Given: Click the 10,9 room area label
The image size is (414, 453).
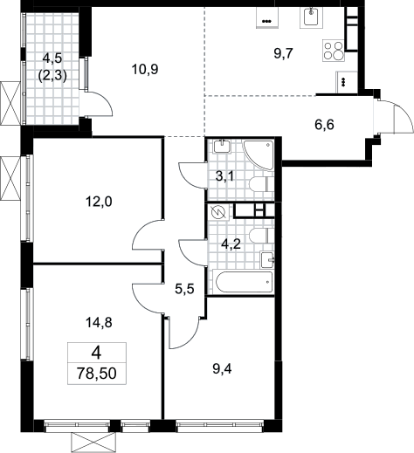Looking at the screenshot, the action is pyautogui.click(x=145, y=70).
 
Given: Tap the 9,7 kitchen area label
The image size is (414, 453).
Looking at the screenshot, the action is pyautogui.click(x=283, y=53).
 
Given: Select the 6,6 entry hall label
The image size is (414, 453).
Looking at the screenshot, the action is pyautogui.click(x=324, y=125).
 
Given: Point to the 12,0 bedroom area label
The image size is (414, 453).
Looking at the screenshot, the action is pyautogui.click(x=99, y=202).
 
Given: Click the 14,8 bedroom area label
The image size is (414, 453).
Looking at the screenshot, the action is pyautogui.click(x=99, y=322).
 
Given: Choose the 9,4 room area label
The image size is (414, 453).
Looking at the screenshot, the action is pyautogui.click(x=222, y=369).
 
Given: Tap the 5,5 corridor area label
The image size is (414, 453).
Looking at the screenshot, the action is pyautogui.click(x=184, y=290).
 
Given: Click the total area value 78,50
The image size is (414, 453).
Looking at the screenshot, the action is pyautogui.click(x=97, y=374).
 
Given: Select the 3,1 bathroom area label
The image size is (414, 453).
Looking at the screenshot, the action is pyautogui.click(x=224, y=176).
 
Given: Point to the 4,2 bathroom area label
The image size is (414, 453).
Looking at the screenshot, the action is pyautogui.click(x=231, y=244).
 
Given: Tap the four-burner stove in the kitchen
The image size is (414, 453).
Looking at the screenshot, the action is pyautogui.click(x=334, y=51).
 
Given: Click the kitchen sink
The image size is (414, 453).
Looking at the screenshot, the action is pyautogui.click(x=311, y=17).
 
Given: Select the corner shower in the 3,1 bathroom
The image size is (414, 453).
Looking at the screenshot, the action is pyautogui.click(x=259, y=154).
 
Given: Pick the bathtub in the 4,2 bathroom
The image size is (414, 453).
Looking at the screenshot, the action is pyautogui.click(x=244, y=282).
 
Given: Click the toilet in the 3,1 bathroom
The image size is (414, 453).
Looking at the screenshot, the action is pyautogui.click(x=261, y=184).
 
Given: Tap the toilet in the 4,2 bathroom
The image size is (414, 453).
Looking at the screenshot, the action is pyautogui.click(x=261, y=235).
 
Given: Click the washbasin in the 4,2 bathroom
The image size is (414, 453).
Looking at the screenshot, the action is pyautogui.click(x=267, y=259).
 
